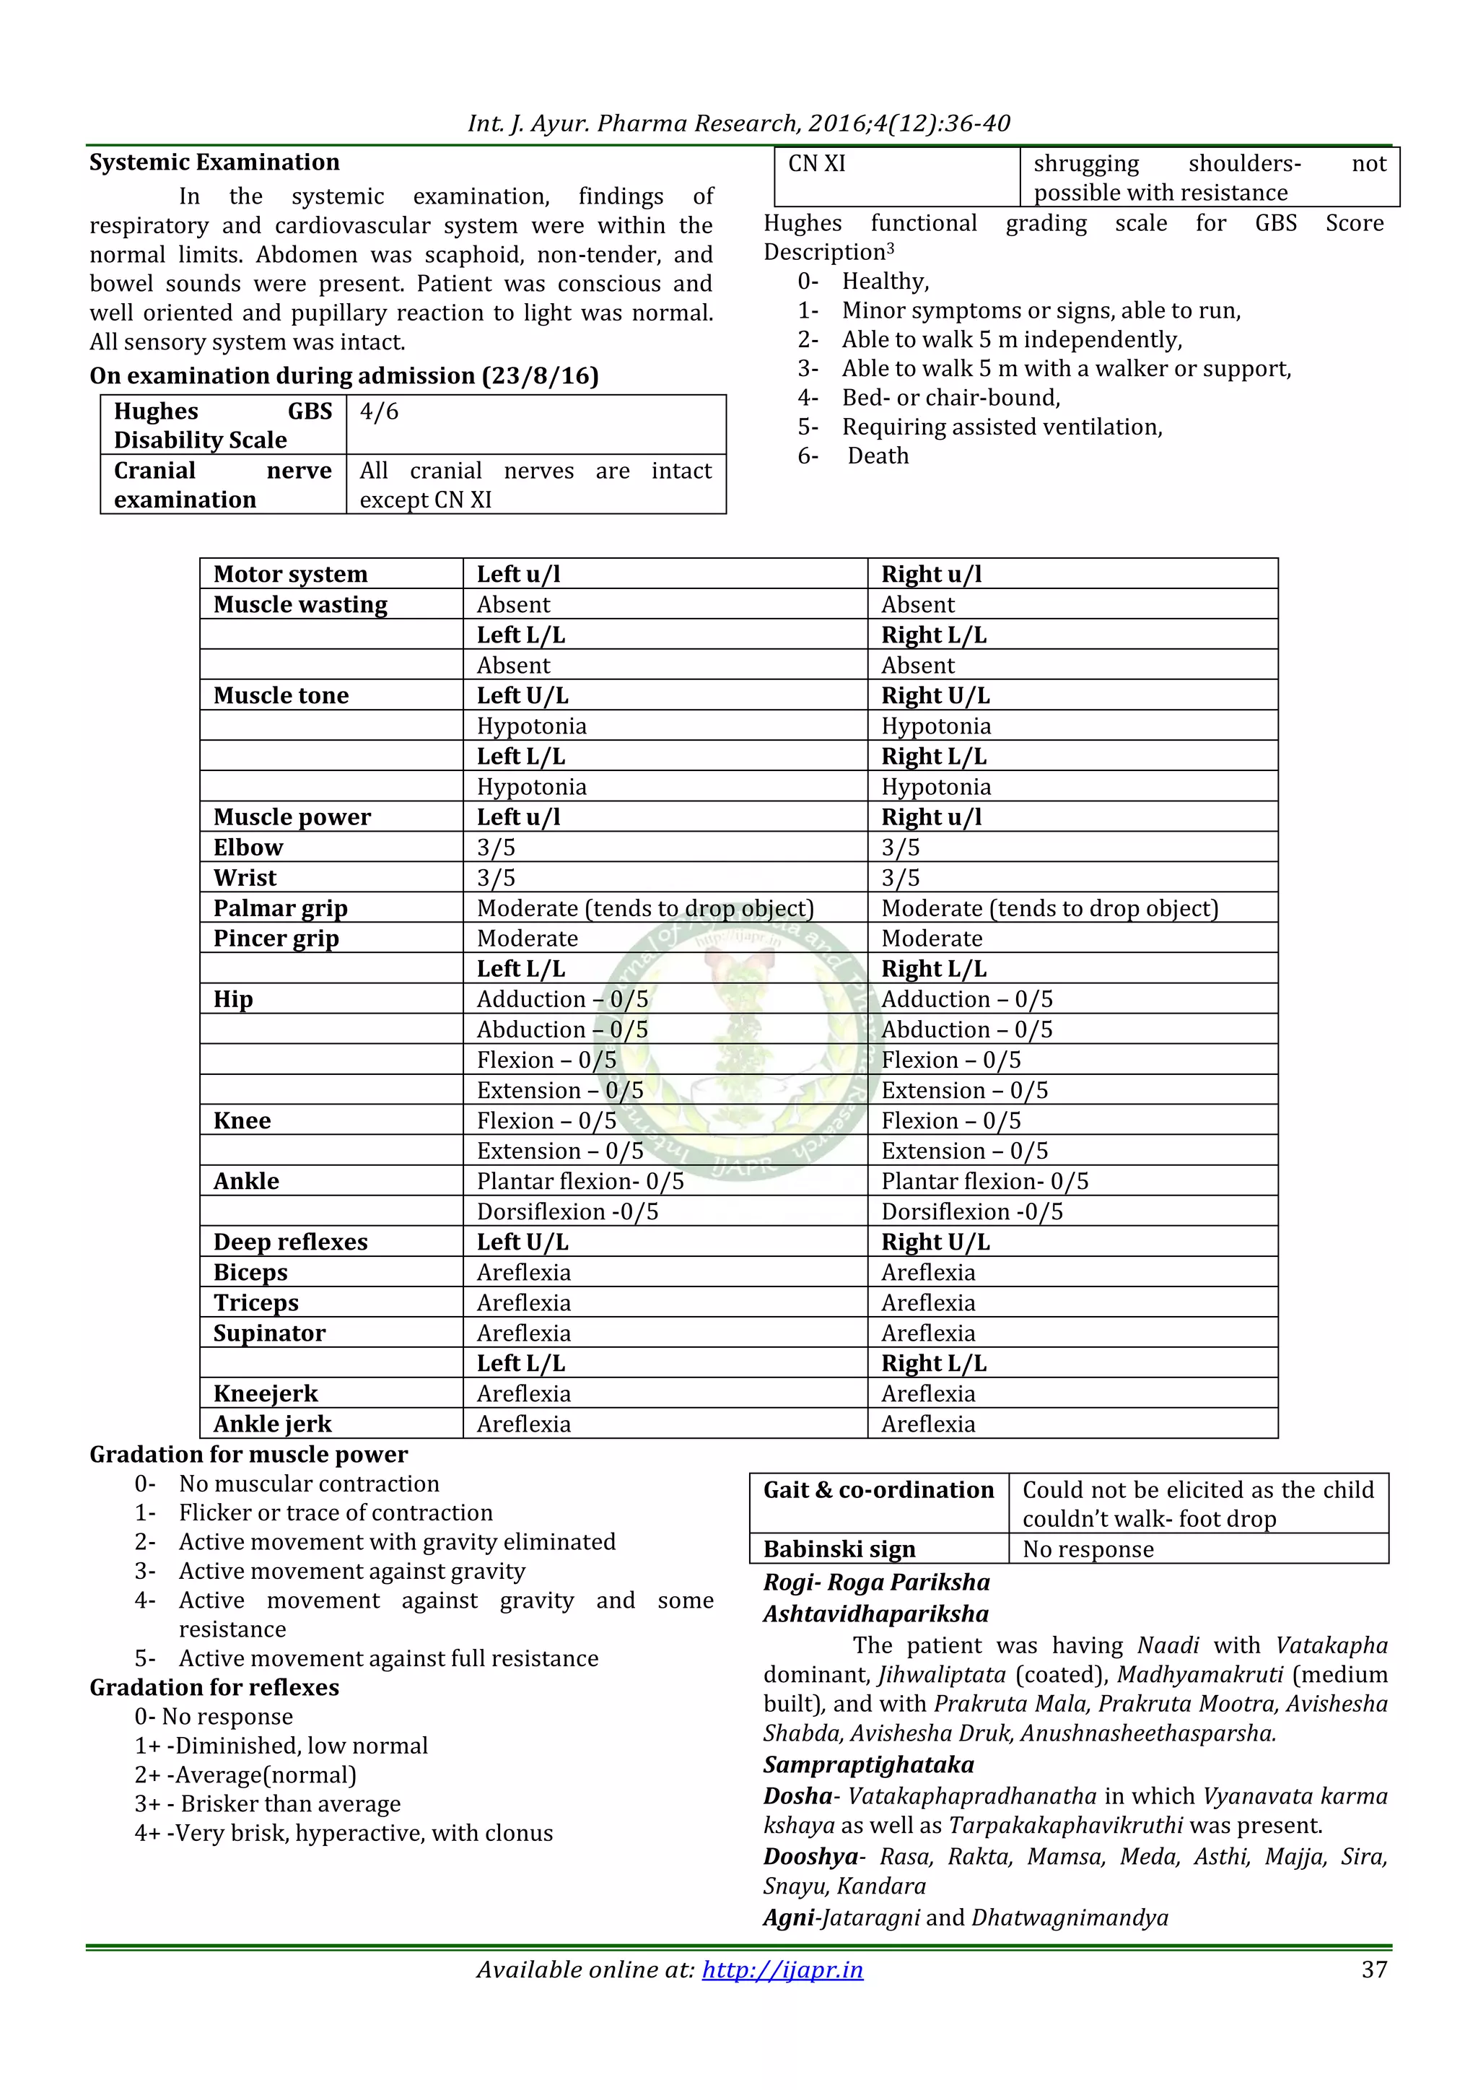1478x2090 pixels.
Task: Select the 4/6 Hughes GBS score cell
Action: [380, 412]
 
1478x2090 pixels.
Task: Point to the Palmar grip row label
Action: [280, 907]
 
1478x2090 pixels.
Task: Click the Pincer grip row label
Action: [276, 938]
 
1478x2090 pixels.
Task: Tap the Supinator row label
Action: [269, 1333]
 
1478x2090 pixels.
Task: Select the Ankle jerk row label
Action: [272, 1424]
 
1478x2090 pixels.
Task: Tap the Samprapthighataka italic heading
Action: [868, 1764]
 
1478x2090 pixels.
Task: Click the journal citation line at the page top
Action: [738, 123]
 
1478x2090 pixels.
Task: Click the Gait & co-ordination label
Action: [878, 1489]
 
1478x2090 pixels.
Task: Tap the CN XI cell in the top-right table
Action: [816, 164]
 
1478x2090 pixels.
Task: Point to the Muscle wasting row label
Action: [300, 604]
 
